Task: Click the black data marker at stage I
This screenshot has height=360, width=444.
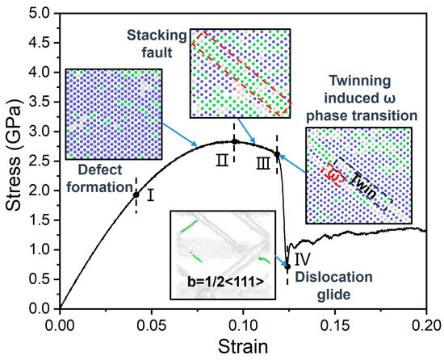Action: [136, 195]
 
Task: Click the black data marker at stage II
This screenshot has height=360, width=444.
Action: [234, 141]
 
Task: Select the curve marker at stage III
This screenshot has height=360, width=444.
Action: [277, 154]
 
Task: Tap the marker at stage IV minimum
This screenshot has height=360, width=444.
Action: [287, 266]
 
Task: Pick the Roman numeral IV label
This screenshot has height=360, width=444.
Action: [301, 260]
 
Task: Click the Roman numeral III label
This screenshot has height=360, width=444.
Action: [263, 165]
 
